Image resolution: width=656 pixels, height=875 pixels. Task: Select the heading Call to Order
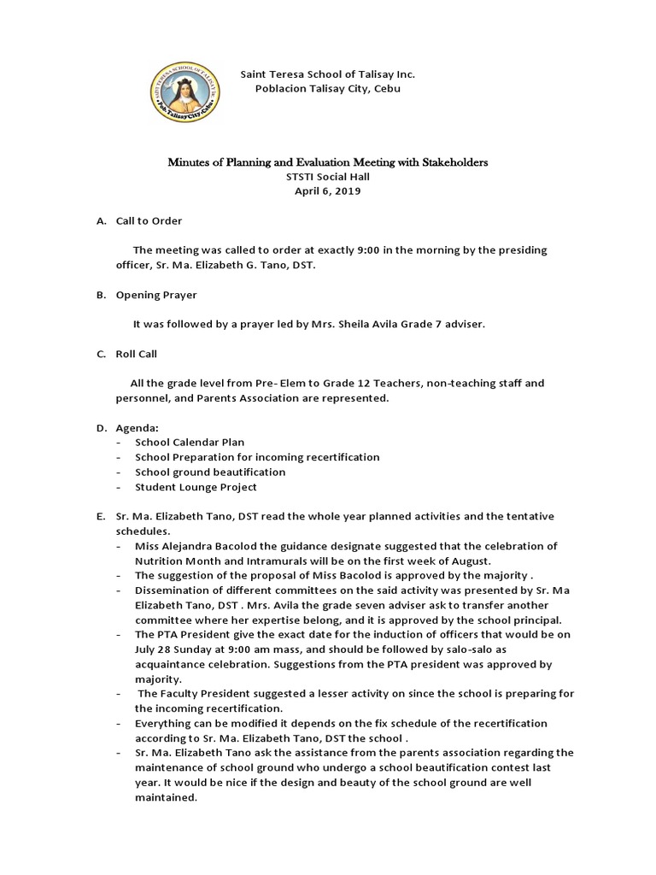point(149,220)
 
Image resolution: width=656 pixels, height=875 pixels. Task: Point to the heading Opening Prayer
point(156,295)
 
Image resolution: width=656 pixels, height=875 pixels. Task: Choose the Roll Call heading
point(137,354)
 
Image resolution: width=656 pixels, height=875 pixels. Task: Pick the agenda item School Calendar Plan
point(189,442)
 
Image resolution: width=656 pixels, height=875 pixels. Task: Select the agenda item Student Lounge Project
point(196,487)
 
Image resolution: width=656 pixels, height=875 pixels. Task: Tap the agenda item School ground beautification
point(210,472)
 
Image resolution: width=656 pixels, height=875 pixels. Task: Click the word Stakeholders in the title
point(449,161)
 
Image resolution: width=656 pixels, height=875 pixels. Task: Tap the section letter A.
point(100,220)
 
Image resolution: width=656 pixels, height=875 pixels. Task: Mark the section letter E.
point(100,516)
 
